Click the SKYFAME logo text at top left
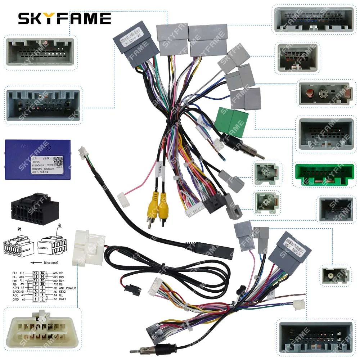(x=64, y=18)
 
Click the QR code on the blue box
(x=58, y=161)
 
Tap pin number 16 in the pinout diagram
(x=42, y=273)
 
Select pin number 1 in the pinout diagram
(x=36, y=299)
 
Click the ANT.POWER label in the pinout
(x=66, y=288)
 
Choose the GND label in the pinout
(x=15, y=299)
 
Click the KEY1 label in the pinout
(x=15, y=288)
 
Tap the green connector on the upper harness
(x=231, y=122)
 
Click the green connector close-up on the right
(x=324, y=175)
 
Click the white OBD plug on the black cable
(x=88, y=247)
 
